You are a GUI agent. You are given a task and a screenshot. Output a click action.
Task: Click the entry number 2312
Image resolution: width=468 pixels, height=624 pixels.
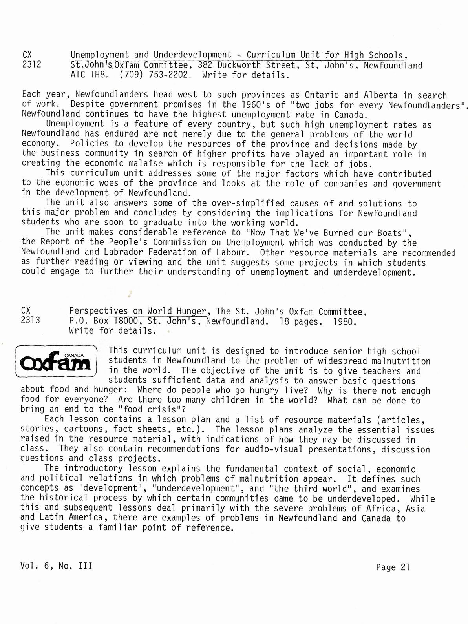(32, 65)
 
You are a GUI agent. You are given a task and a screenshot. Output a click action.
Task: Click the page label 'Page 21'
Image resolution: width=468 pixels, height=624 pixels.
(393, 567)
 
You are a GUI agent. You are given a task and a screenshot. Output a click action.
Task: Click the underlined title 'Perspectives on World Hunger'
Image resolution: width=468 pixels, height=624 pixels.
(137, 311)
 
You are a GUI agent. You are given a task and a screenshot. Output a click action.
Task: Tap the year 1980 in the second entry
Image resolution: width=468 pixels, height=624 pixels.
(345, 321)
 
